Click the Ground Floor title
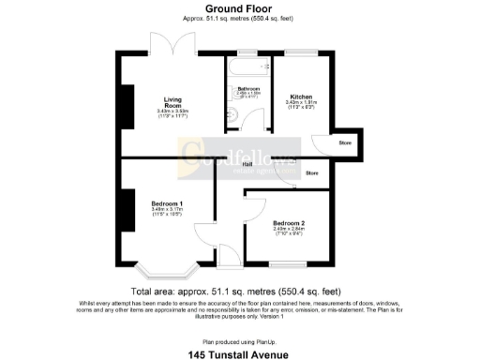coord(239,8)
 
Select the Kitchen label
coord(300,97)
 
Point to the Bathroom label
coord(248,89)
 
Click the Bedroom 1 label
coord(167,203)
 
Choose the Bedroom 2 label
coord(289,222)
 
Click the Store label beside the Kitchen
coord(344,143)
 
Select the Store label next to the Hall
coord(312,173)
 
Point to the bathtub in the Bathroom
coord(247,67)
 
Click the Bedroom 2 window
coord(289,263)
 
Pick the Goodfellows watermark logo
coord(239,153)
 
